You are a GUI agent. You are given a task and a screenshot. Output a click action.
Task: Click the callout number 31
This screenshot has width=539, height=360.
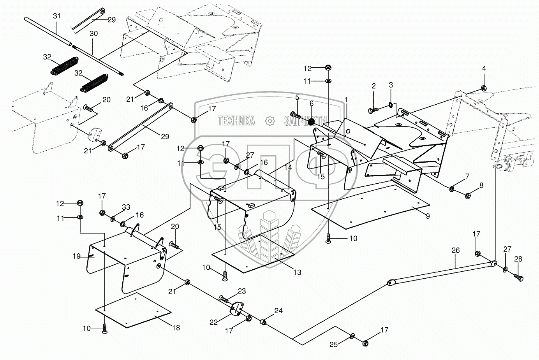56,16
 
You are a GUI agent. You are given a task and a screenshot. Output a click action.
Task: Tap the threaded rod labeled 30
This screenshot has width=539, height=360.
98,60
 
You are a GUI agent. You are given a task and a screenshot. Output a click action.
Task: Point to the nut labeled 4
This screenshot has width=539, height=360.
484,88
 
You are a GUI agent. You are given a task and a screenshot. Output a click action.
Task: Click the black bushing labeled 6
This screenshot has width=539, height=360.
312,122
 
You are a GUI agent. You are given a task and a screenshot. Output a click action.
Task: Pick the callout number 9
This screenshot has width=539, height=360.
428,216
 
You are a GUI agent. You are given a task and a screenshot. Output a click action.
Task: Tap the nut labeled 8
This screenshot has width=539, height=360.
467,196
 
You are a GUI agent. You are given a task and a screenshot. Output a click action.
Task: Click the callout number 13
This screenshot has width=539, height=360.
298,272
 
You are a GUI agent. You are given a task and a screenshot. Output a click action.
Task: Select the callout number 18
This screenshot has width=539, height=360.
176,328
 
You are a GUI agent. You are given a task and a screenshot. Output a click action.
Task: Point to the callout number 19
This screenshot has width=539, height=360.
76,256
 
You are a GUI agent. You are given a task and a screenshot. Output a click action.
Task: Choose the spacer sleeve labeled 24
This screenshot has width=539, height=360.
264,322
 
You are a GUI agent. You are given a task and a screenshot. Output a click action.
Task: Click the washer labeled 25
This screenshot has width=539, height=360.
352,336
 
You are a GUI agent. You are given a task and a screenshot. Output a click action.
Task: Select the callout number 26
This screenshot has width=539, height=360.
456,250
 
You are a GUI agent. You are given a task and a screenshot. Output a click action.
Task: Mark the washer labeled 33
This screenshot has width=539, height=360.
113,219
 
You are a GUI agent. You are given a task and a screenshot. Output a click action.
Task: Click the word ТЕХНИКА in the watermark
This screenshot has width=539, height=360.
236,121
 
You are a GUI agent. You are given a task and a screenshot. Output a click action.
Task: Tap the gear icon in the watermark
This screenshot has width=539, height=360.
270,121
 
